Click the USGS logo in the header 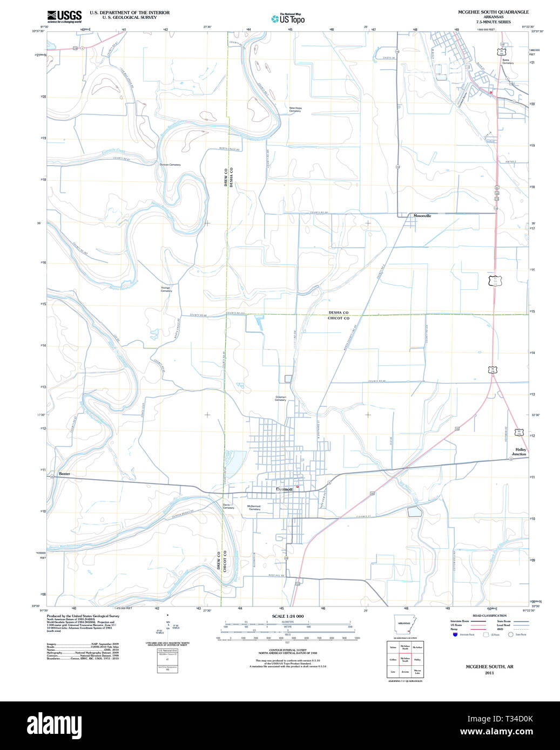click(x=64, y=16)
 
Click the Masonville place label click(x=422, y=216)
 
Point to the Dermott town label click(x=284, y=489)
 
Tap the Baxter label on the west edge click(x=64, y=474)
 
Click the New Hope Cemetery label click(x=295, y=110)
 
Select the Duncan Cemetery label click(x=170, y=165)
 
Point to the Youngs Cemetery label click(x=166, y=289)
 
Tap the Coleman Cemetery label click(x=280, y=399)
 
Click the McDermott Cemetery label click(x=254, y=508)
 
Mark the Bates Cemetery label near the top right click(x=508, y=62)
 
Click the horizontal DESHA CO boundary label click(x=339, y=312)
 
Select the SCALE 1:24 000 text click(x=287, y=616)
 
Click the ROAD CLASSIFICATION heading click(x=489, y=616)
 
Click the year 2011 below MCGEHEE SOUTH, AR click(x=489, y=673)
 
